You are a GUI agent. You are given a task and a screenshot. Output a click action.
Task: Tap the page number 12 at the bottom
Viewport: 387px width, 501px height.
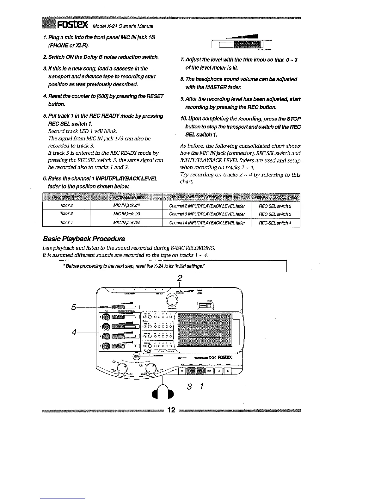171,410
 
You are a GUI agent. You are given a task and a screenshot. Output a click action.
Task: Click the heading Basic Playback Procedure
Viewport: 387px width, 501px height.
84,238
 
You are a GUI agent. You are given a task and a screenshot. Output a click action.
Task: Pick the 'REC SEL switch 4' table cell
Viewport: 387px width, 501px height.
275,223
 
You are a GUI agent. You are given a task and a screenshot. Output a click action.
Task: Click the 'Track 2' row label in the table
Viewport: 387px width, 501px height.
66,206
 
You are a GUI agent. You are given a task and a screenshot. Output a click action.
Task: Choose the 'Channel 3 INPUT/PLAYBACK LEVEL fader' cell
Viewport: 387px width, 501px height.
207,214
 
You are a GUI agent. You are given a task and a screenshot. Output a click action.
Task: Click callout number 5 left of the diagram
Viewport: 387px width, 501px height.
74,307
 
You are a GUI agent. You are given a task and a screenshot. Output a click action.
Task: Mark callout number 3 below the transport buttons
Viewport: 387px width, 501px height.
189,387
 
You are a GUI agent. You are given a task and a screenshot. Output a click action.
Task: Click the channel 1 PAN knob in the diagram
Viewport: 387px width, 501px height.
105,317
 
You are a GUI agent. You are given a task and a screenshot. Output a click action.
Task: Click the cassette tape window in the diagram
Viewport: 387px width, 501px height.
205,330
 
